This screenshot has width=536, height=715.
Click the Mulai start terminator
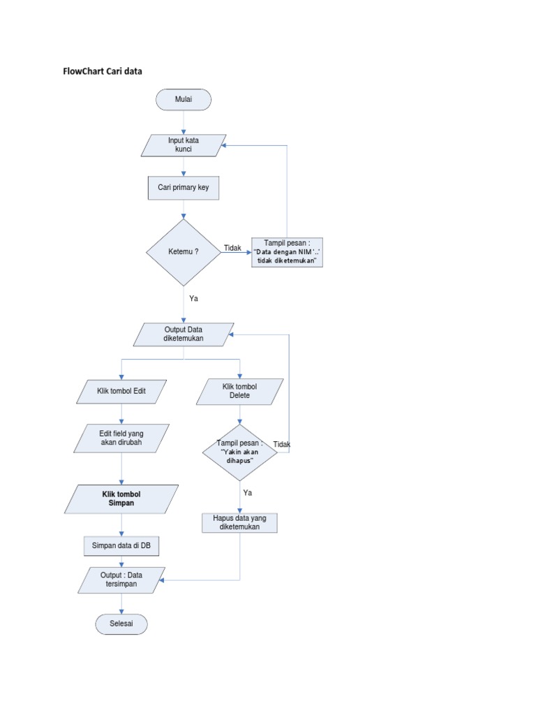pyautogui.click(x=184, y=100)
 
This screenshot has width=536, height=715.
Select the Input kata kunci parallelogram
pyautogui.click(x=183, y=145)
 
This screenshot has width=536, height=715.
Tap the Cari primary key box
pyautogui.click(x=183, y=188)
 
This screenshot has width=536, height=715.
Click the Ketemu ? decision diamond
pyautogui.click(x=184, y=252)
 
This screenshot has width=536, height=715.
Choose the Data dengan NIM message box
pyautogui.click(x=288, y=252)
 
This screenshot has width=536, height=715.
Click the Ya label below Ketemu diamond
pyautogui.click(x=194, y=298)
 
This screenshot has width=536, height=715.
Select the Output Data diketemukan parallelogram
pyautogui.click(x=184, y=334)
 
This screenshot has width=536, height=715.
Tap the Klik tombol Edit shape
pyautogui.click(x=122, y=392)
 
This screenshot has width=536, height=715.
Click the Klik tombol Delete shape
pyautogui.click(x=239, y=392)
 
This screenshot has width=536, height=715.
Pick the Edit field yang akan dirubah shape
pyautogui.click(x=122, y=438)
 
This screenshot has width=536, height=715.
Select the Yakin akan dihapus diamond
pyautogui.click(x=239, y=452)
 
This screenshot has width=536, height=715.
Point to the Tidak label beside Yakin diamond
pyautogui.click(x=282, y=445)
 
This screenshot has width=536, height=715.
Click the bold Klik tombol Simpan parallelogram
pyautogui.click(x=121, y=499)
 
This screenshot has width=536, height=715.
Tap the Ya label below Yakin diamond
pyautogui.click(x=247, y=493)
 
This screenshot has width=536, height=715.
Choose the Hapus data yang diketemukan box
pyautogui.click(x=239, y=523)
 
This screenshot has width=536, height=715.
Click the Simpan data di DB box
pyautogui.click(x=121, y=545)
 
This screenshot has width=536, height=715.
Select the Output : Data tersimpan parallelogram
pyautogui.click(x=121, y=580)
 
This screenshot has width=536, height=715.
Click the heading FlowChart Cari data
pyautogui.click(x=103, y=71)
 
